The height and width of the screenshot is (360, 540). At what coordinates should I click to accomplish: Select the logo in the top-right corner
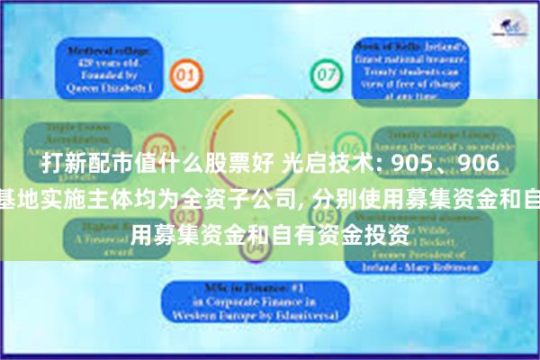[x=510, y=26]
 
